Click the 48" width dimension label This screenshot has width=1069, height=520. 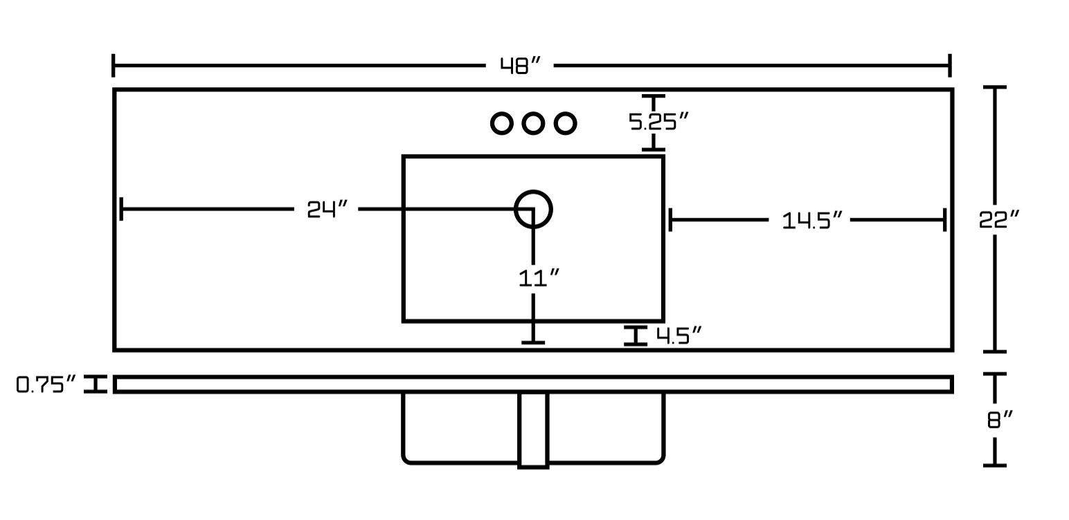(520, 66)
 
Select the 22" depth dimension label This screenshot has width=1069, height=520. (999, 219)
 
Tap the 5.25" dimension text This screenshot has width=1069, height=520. (658, 122)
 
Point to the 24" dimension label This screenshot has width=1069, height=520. (327, 209)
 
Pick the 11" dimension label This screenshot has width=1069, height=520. (539, 278)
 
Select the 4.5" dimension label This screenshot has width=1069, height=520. (679, 336)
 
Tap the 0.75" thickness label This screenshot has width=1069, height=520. (46, 385)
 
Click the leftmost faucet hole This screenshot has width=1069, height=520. (501, 123)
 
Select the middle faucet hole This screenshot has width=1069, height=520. (532, 123)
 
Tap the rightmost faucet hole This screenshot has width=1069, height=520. (565, 123)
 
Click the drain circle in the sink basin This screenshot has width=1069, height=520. (533, 208)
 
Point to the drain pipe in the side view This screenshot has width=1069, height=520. (533, 429)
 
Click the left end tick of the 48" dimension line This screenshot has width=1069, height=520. (114, 66)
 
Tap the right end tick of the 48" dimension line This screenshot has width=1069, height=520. (950, 66)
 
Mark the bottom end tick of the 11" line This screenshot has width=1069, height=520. (533, 342)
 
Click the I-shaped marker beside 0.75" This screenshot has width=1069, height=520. (96, 384)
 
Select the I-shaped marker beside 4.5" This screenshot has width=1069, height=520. (636, 336)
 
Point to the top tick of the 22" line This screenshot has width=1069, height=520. (995, 87)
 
